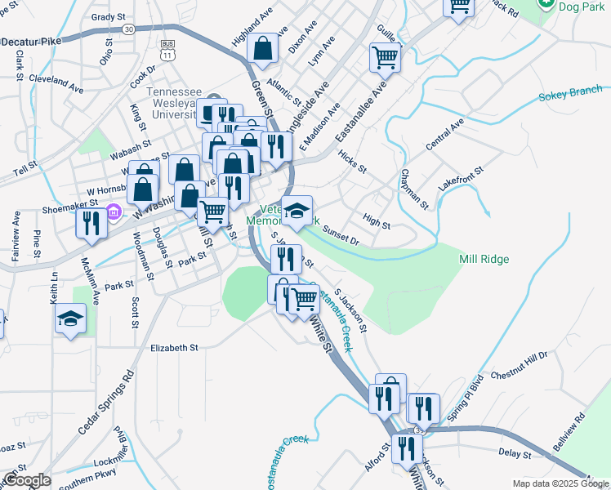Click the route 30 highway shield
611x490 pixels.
128,29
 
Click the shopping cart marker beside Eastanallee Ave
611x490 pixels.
385,58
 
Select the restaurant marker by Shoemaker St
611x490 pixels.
91,222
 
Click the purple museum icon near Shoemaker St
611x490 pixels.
114,214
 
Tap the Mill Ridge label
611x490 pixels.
484,259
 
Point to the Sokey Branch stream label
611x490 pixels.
569,92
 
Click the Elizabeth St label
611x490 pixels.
174,347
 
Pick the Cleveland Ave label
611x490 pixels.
56,83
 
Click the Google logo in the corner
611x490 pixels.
26,480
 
